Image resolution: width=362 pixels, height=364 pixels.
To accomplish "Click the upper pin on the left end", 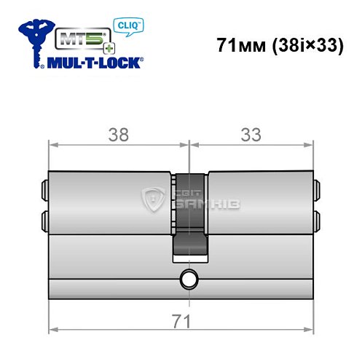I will click(45, 190).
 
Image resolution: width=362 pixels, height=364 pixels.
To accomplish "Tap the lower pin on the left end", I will click(45, 218).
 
